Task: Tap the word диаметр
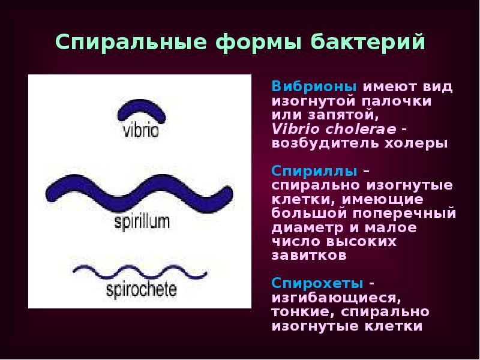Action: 304,228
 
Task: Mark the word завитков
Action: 308,256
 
